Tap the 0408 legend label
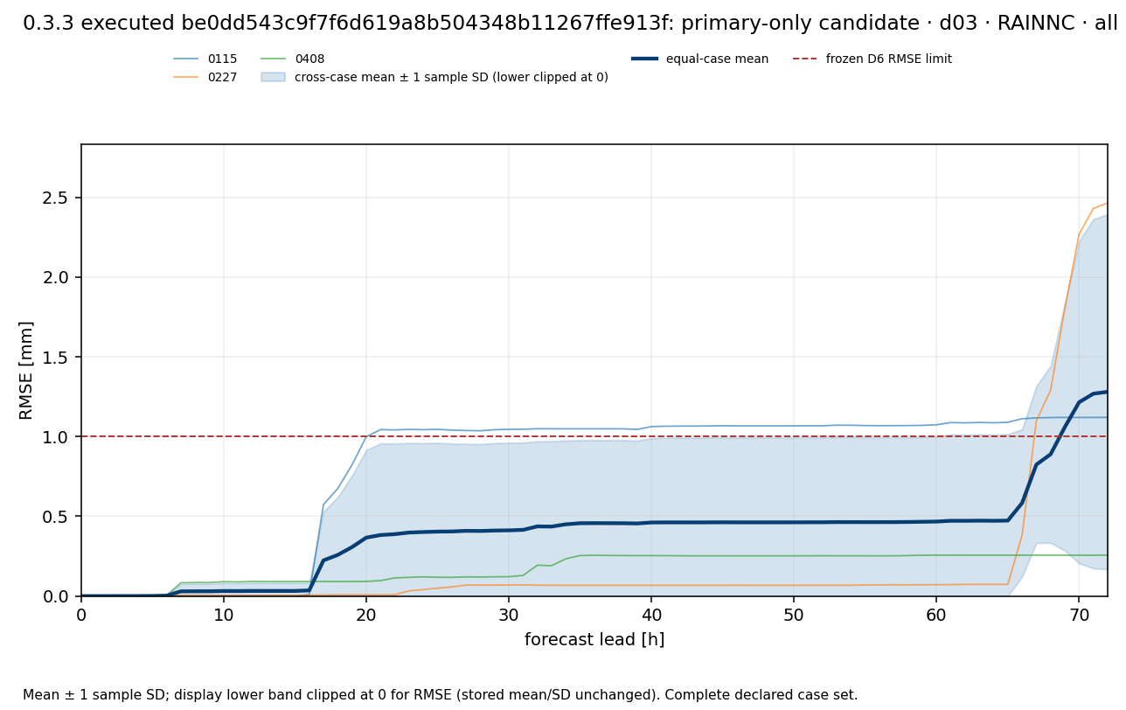coord(309,59)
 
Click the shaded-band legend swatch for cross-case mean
coord(273,78)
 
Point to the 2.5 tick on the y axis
coord(55,198)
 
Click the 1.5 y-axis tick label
coord(55,357)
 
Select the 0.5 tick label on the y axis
coord(55,517)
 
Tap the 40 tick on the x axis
coord(651,615)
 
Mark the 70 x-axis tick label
coord(1079,615)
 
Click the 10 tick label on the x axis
coord(224,615)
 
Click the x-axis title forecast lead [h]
coord(594,639)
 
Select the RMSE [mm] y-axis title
coord(25,370)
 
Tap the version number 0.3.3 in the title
coord(49,23)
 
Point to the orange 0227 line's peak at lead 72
coord(1107,203)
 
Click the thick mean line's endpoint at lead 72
coord(1107,392)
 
